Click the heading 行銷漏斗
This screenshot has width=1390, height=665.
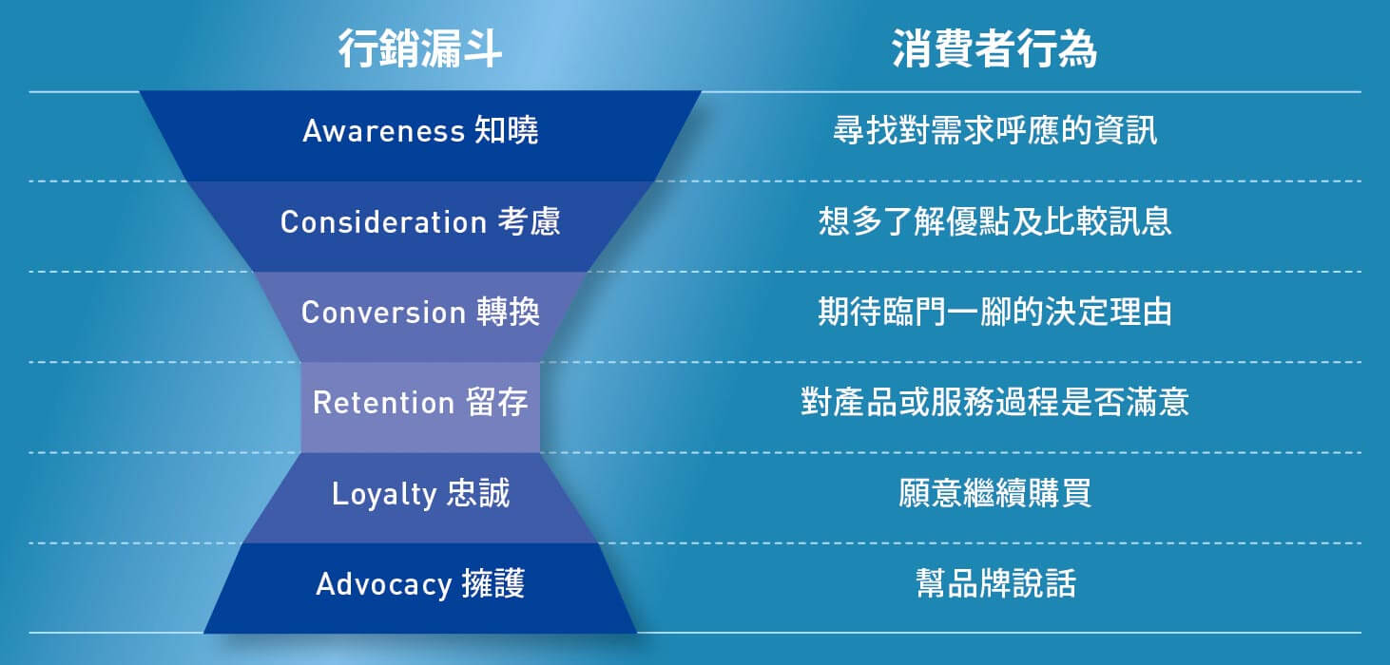pyautogui.click(x=420, y=48)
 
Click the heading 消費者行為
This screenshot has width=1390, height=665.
pyautogui.click(x=994, y=48)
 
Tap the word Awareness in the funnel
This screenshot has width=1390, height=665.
pyautogui.click(x=383, y=131)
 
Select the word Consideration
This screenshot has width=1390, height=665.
pyautogui.click(x=383, y=222)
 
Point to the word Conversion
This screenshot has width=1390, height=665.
pyautogui.click(x=383, y=312)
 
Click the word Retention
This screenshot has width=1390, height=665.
pyautogui.click(x=383, y=402)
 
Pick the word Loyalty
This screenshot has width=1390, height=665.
pyautogui.click(x=384, y=494)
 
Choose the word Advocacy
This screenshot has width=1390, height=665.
pyautogui.click(x=384, y=584)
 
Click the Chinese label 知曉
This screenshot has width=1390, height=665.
pyautogui.click(x=507, y=130)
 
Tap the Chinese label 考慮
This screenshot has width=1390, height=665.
pyautogui.click(x=530, y=221)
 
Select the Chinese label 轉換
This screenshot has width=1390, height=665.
pyautogui.click(x=509, y=311)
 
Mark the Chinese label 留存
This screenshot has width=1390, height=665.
pyautogui.click(x=497, y=402)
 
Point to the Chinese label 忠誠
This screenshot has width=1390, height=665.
pyautogui.click(x=478, y=493)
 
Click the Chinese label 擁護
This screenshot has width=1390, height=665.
pyautogui.click(x=493, y=583)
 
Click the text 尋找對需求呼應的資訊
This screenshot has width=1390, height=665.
pyautogui.click(x=994, y=130)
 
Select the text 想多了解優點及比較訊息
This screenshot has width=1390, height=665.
pyautogui.click(x=994, y=221)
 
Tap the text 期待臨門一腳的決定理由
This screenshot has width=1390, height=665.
pyautogui.click(x=994, y=311)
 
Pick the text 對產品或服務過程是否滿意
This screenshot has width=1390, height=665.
pyautogui.click(x=994, y=402)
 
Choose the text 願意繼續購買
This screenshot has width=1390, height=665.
pyautogui.click(x=994, y=493)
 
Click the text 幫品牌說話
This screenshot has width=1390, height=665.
pyautogui.click(x=995, y=583)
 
